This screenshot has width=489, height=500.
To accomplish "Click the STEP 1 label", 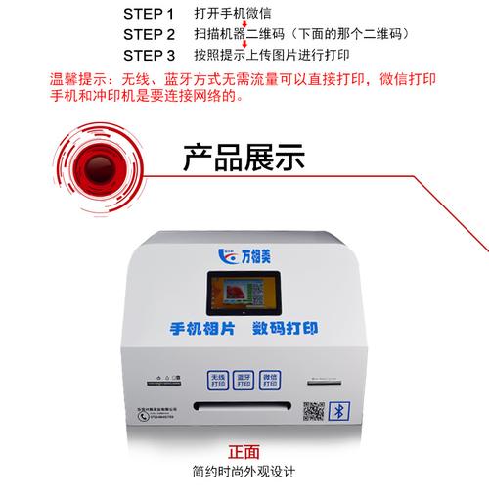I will pyautogui.click(x=149, y=16).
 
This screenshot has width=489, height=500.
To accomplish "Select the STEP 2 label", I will pyautogui.click(x=149, y=34).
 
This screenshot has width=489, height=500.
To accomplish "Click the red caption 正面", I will pyautogui.click(x=244, y=453).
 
